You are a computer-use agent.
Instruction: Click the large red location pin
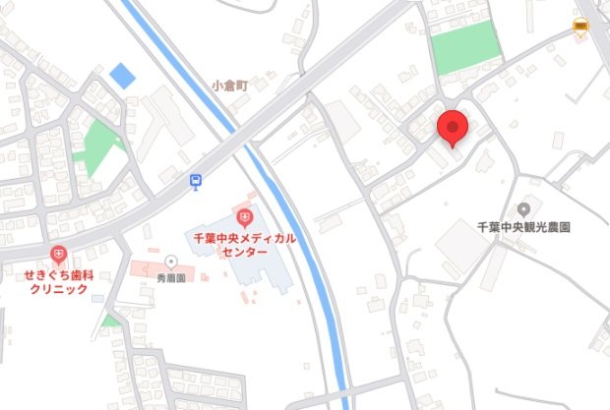(452, 128)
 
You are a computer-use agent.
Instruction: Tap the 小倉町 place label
(229, 86)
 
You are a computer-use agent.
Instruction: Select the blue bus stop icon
(197, 181)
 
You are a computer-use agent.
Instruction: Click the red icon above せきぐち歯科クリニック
(59, 255)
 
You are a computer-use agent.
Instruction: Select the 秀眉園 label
(171, 278)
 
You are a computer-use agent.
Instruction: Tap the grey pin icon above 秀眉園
(171, 262)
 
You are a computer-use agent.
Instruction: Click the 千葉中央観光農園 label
(523, 226)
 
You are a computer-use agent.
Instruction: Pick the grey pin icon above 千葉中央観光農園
(523, 208)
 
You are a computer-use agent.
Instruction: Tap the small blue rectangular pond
(122, 74)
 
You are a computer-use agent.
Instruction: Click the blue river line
(295, 226)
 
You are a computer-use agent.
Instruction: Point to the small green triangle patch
(110, 320)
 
